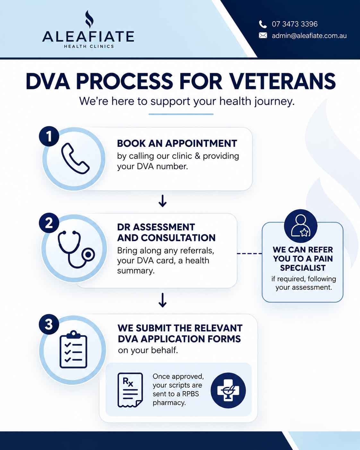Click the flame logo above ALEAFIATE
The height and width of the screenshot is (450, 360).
(x=89, y=19)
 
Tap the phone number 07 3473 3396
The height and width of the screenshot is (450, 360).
(x=295, y=24)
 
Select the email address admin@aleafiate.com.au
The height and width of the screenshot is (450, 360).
(x=309, y=36)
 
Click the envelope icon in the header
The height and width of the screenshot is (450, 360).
(x=263, y=35)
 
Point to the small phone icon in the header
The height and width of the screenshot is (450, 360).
(x=263, y=24)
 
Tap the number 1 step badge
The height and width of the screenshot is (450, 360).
(x=49, y=136)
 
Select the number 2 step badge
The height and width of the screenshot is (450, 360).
(x=49, y=223)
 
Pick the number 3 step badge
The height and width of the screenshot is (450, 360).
(x=49, y=324)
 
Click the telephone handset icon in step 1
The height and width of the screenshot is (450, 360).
(x=75, y=159)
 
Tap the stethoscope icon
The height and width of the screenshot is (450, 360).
(x=76, y=249)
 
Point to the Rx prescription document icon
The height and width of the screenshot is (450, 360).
(x=130, y=390)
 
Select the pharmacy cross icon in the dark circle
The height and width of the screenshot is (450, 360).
(x=228, y=390)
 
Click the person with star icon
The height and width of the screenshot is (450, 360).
(x=301, y=226)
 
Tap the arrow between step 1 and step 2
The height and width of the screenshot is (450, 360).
(x=162, y=201)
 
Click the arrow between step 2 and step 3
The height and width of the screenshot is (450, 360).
(x=162, y=300)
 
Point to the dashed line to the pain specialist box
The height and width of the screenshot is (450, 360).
(x=249, y=254)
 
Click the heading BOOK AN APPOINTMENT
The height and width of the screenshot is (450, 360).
(x=177, y=143)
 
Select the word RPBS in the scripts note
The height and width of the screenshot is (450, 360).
(x=191, y=394)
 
